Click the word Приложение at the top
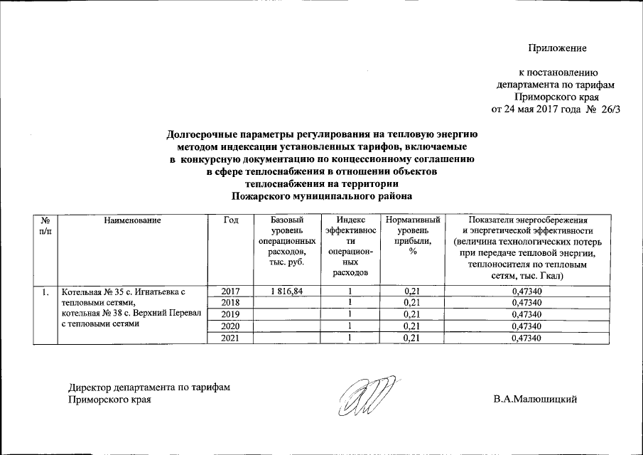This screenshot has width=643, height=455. coord(557,48)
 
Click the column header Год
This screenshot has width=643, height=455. coord(230,220)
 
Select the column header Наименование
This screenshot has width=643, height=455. coord(133,220)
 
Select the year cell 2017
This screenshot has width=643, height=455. coord(231,291)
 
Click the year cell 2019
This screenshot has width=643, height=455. coord(231,314)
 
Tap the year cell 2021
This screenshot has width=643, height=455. coord(231,338)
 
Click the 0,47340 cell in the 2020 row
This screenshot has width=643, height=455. coord(527,326)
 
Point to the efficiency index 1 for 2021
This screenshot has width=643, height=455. coord(350,338)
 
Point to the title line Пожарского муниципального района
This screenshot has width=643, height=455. coord(323,194)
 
